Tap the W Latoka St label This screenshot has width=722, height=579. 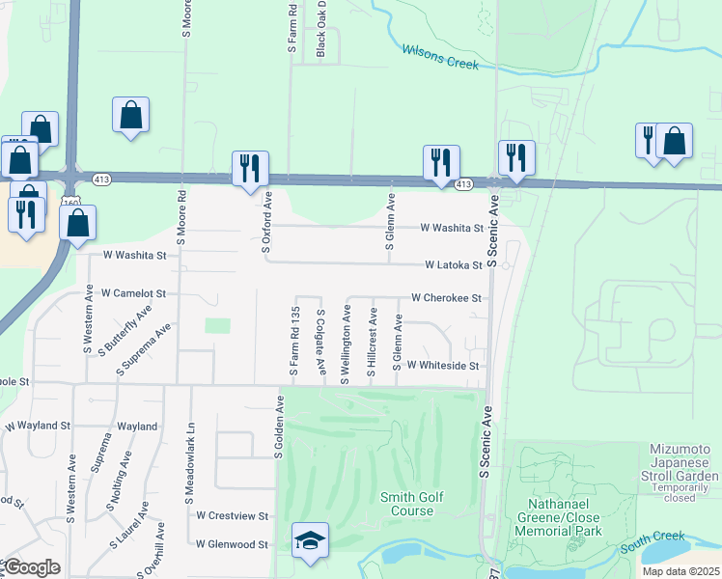click(453, 264)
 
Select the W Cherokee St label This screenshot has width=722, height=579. click(446, 299)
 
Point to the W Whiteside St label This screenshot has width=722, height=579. click(443, 366)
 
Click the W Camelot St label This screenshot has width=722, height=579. click(133, 292)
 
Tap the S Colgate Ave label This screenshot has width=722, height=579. click(320, 343)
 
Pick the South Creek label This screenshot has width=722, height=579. click(653, 536)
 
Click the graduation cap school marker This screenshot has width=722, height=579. click(310, 540)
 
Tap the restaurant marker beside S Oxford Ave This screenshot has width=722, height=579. click(250, 167)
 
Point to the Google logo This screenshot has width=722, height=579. click(31, 566)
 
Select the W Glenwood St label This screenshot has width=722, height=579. click(232, 544)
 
